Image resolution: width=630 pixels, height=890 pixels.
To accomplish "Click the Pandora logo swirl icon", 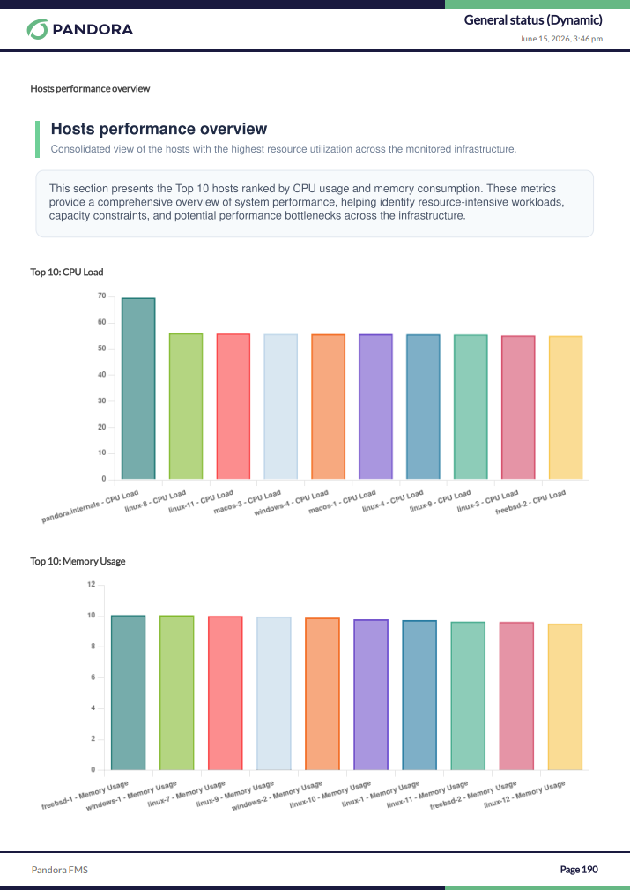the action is [37, 29].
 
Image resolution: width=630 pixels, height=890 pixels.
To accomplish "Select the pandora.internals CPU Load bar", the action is [138, 389].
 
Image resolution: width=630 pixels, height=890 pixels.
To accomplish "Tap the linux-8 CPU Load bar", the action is [186, 407].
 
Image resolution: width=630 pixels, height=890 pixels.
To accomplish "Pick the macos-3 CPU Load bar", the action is [281, 407].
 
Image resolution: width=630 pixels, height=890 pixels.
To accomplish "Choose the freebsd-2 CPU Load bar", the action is [566, 408].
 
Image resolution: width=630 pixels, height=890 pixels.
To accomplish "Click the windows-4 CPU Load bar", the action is [329, 407].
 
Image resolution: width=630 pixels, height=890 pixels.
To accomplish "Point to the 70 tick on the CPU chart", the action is [102, 296].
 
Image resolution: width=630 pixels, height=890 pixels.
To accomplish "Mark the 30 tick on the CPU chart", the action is [102, 400].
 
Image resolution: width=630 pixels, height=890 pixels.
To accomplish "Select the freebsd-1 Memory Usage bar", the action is [128, 692].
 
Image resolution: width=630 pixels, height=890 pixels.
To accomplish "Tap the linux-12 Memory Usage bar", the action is [565, 697].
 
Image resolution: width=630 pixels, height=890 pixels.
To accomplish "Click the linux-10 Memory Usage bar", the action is [371, 695].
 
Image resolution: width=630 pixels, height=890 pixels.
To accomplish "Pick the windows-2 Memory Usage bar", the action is [322, 694].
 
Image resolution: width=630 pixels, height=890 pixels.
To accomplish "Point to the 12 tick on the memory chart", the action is [92, 585].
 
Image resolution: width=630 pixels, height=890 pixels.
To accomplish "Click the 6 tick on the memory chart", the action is [93, 677].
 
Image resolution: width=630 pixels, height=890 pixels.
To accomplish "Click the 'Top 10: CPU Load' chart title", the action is [67, 272].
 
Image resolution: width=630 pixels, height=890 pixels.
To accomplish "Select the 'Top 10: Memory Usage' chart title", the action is [78, 561].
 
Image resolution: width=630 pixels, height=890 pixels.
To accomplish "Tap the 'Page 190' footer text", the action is [579, 870].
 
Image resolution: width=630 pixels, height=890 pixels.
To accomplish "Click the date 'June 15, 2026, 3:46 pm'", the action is [560, 39].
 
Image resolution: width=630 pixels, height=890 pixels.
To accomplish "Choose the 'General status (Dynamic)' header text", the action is [533, 20].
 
